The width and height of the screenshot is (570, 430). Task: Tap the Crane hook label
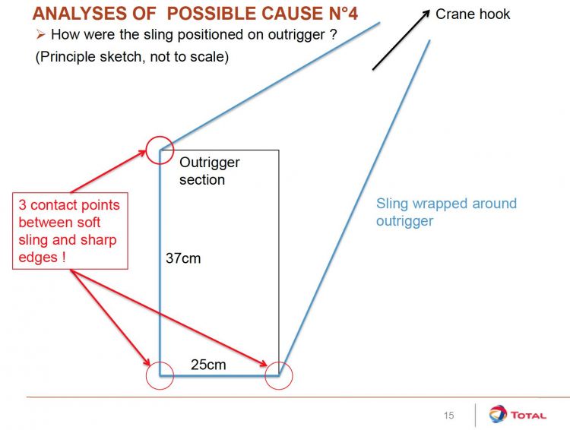(x=473, y=14)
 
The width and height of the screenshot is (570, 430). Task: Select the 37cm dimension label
(x=183, y=258)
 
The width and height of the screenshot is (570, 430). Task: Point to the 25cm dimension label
(x=208, y=365)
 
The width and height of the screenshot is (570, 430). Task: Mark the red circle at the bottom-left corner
(x=160, y=375)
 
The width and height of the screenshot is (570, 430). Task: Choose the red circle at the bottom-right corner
(x=278, y=375)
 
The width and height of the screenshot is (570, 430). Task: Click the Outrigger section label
(x=209, y=171)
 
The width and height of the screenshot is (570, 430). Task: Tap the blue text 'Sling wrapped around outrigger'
(x=446, y=212)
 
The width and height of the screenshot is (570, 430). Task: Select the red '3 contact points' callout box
(x=69, y=231)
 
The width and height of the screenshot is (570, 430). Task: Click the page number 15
(x=448, y=415)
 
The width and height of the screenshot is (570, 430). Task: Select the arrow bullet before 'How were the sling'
(x=41, y=35)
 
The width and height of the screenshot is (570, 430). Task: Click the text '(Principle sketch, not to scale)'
(x=131, y=58)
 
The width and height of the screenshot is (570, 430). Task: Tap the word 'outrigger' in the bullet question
(x=291, y=35)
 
